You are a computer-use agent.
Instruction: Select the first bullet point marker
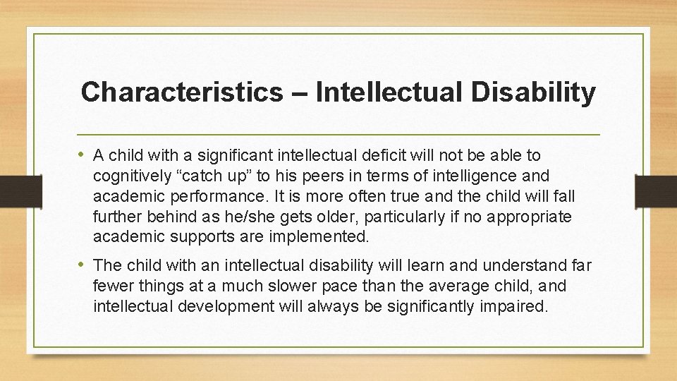[x=84, y=155]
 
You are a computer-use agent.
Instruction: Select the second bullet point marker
[x=84, y=265]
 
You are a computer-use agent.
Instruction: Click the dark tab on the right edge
[x=657, y=190]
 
